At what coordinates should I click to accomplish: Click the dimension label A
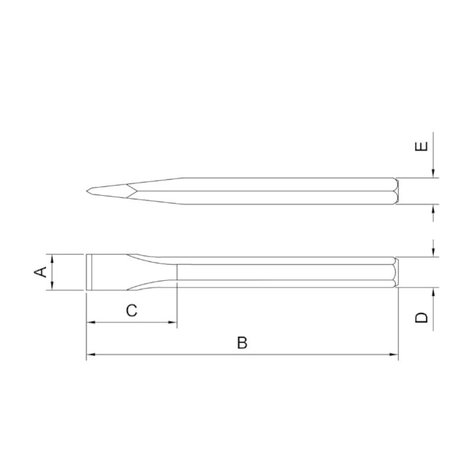pos(41,272)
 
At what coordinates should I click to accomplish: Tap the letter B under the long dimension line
pos(242,343)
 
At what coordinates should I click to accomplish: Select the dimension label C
pos(132,311)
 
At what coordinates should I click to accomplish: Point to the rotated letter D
pos(421,317)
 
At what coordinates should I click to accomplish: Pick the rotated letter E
pos(421,147)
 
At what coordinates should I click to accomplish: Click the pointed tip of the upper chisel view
pos(87,191)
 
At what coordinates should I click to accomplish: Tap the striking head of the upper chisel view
pos(394,191)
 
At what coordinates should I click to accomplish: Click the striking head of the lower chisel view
pos(394,273)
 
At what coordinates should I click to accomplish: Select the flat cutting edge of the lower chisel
pos(88,272)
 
